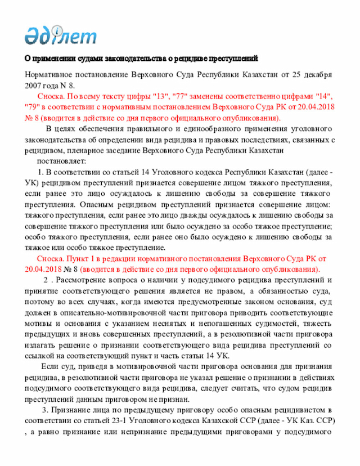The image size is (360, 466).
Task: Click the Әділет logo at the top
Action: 60,34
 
